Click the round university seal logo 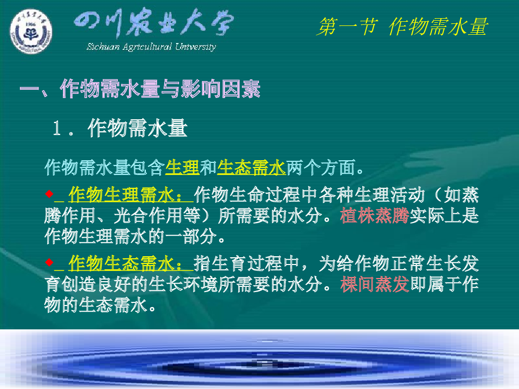point(31,31)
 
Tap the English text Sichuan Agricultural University point(151,47)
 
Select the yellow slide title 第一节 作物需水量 point(402,26)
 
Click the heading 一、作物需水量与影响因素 point(140,89)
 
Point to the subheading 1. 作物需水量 point(120,128)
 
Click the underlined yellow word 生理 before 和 point(182,168)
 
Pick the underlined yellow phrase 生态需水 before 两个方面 point(251,168)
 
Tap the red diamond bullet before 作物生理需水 point(49,193)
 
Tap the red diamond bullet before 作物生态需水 point(49,262)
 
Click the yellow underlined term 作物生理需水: point(126,195)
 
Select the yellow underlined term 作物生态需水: point(126,263)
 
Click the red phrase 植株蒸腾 point(374,216)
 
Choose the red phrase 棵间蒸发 point(374,284)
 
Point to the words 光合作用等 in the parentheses point(157,216)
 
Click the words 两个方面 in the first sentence point(320,168)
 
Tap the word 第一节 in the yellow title point(348,26)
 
